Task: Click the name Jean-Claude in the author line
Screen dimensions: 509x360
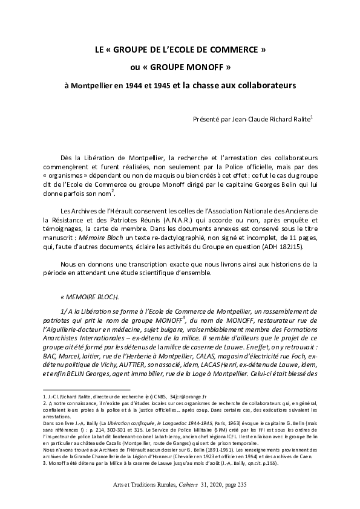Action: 240,120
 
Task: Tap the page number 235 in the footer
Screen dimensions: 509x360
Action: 241,485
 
